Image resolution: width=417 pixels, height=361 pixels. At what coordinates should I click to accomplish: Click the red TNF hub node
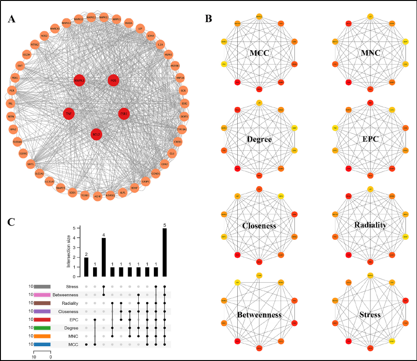pyautogui.click(x=69, y=113)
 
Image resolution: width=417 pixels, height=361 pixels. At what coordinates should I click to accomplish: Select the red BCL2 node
pyautogui.click(x=96, y=134)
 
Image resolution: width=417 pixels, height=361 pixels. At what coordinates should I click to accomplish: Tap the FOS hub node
pyautogui.click(x=113, y=81)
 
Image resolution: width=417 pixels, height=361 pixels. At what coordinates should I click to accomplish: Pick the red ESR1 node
pyautogui.click(x=123, y=113)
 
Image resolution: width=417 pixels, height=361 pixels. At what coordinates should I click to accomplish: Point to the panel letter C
pyautogui.click(x=13, y=222)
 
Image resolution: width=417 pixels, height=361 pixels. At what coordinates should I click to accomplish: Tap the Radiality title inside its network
pyautogui.click(x=370, y=225)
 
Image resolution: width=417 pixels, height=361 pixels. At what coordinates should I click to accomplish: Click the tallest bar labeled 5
pyautogui.click(x=165, y=252)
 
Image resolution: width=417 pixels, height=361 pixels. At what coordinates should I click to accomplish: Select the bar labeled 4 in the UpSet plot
pyautogui.click(x=104, y=257)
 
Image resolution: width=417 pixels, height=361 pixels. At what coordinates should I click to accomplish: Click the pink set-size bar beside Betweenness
pyautogui.click(x=42, y=295)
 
